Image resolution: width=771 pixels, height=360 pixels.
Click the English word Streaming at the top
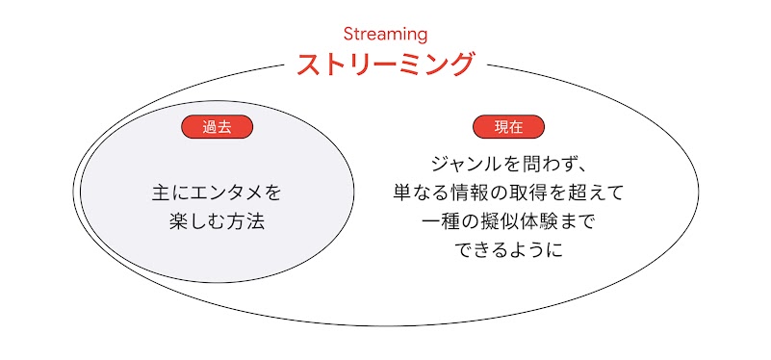tap(385, 34)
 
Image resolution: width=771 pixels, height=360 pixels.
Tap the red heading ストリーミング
tap(385, 64)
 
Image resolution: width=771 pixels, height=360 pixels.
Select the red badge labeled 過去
tap(217, 127)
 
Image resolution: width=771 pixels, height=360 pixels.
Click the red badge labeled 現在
tap(508, 127)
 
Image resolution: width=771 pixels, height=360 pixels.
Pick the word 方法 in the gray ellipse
tap(244, 221)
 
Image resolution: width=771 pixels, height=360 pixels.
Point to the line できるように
tap(508, 250)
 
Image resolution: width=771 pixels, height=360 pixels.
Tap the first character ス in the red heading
tap(310, 64)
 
